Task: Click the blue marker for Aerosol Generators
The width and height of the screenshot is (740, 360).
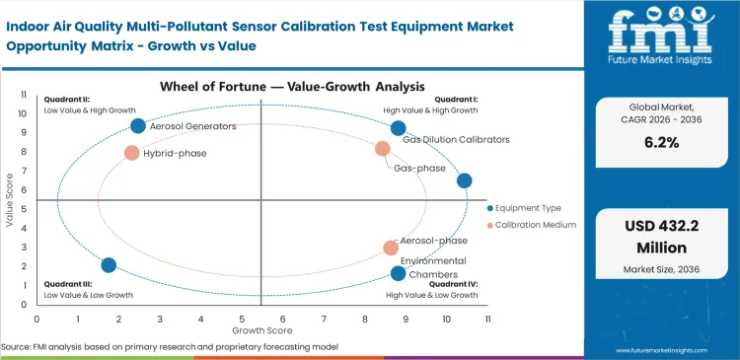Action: [138, 125]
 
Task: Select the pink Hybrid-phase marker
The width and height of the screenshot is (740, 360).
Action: [131, 153]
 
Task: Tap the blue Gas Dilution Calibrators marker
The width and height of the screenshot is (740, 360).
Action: [398, 128]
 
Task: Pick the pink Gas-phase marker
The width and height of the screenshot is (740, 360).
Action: [383, 149]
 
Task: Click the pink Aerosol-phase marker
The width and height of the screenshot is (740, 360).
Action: [391, 248]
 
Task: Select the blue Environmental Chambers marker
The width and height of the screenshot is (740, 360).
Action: [398, 273]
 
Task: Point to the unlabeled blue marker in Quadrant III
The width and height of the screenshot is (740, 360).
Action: [109, 265]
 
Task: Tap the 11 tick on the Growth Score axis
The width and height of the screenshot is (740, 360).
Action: [487, 319]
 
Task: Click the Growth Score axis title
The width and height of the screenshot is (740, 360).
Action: [261, 329]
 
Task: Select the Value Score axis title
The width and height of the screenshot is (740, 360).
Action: [9, 201]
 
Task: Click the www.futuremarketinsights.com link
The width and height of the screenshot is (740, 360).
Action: [667, 350]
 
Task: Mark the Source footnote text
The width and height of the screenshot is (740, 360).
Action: [170, 346]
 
